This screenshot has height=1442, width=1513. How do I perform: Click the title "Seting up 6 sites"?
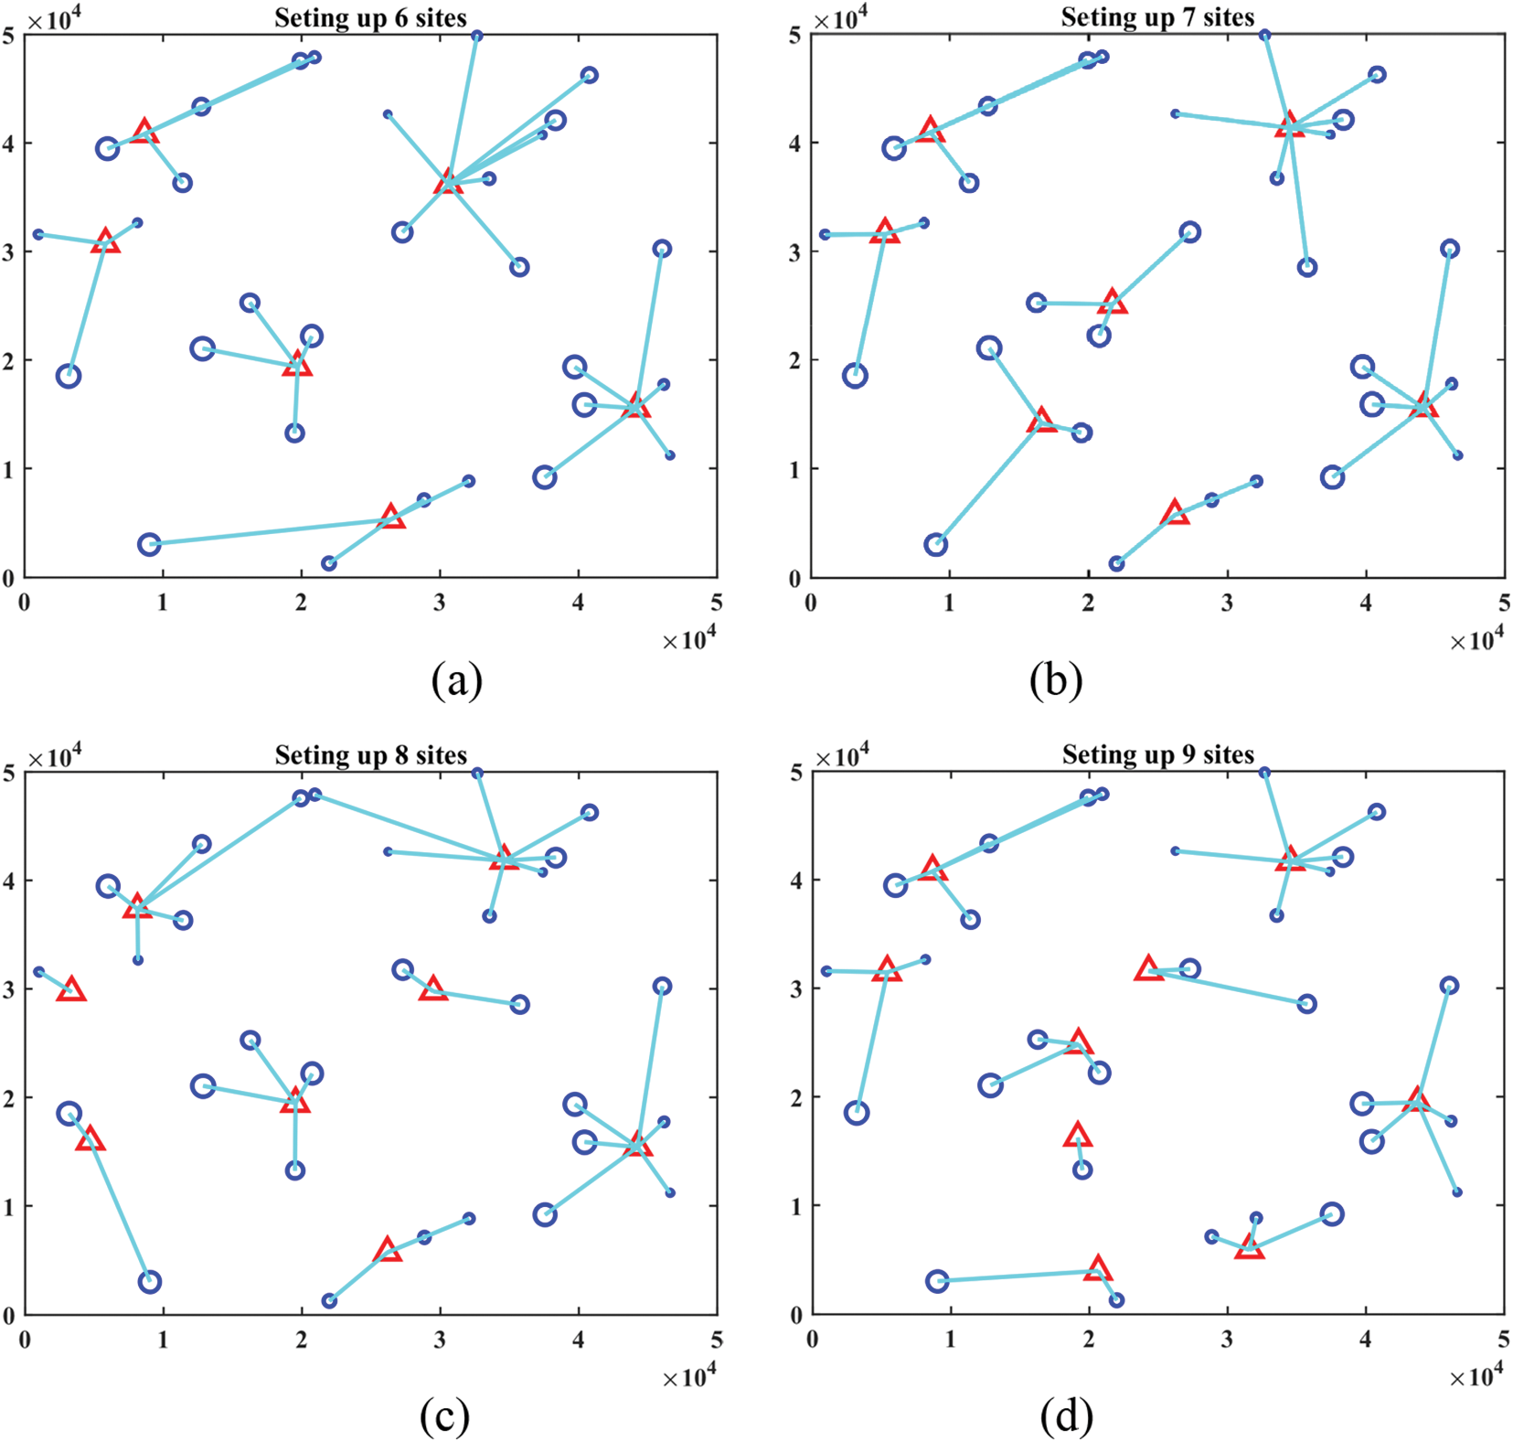tap(370, 18)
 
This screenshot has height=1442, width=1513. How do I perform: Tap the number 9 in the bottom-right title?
tap(1188, 755)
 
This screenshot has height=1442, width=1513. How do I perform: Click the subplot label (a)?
tap(456, 681)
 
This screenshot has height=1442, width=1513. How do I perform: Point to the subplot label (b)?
tap(1055, 681)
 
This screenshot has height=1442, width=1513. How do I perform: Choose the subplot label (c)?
tap(444, 1416)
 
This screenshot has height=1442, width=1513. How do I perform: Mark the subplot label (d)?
tap(1066, 1416)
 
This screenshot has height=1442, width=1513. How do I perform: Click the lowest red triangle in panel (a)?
tap(391, 517)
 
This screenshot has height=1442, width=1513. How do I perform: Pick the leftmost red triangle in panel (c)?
tap(71, 989)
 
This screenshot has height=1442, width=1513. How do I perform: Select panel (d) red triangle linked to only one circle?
tap(1078, 1136)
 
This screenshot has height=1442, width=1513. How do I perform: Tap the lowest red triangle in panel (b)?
tap(1176, 513)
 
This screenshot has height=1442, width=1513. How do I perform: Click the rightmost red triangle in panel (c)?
tap(637, 1145)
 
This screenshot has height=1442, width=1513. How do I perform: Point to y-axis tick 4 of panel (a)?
tap(9, 143)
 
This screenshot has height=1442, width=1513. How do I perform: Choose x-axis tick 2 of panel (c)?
tap(302, 1341)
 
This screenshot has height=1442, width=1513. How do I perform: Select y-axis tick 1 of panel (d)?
tap(797, 1207)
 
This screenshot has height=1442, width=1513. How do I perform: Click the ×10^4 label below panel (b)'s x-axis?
tap(1476, 641)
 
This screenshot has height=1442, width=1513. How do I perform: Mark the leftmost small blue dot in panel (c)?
tap(38, 972)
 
